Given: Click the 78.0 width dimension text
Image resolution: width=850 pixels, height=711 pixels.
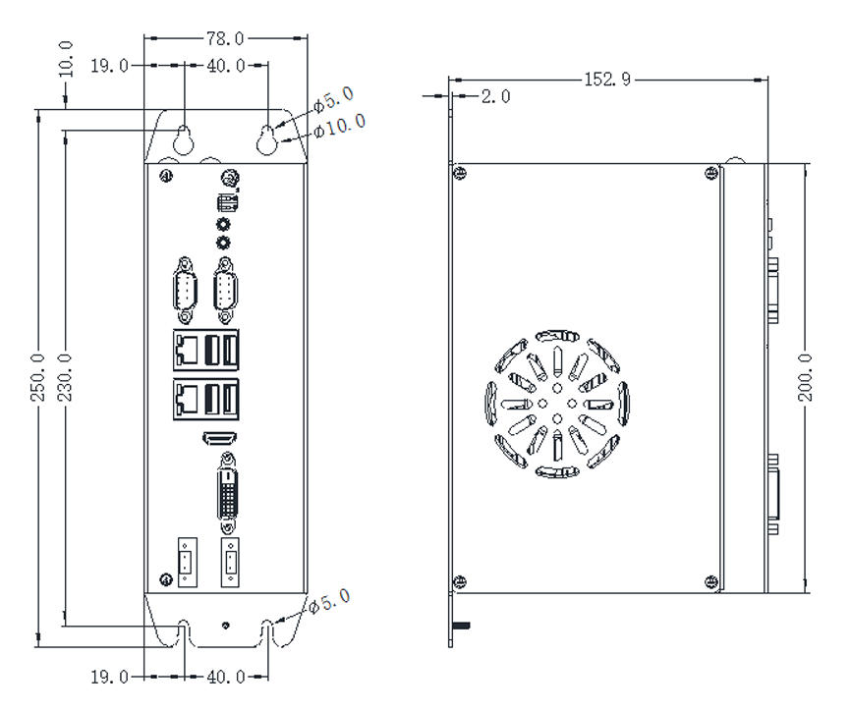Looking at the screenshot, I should click(225, 38).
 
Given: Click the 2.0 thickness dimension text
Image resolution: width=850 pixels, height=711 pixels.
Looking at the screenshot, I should click(495, 96).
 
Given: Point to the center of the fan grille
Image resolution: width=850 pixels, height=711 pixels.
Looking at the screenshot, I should click(556, 404).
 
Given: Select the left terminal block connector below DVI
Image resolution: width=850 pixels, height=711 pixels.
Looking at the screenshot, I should click(185, 565).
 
